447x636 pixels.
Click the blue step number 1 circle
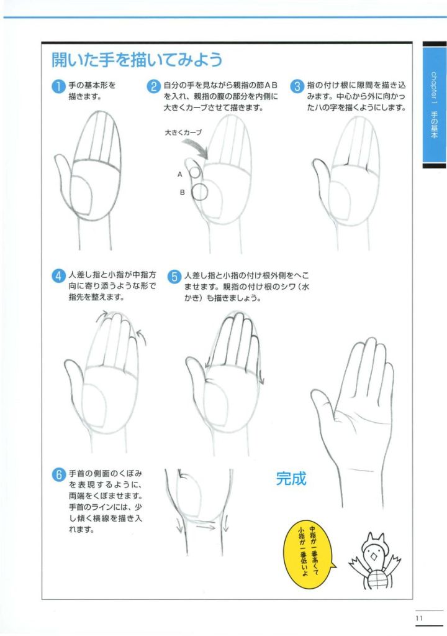(59, 86)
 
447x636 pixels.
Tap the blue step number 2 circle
(153, 86)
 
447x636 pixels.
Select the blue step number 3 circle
(297, 86)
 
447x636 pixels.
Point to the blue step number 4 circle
(59, 276)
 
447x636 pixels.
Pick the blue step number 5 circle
(174, 277)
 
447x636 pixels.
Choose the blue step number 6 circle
(59, 474)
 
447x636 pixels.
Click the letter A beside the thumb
(180, 175)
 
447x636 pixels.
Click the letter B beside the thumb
(182, 192)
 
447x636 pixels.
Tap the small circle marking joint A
(195, 172)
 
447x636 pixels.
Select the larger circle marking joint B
(200, 192)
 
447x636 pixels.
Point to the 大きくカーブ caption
(183, 132)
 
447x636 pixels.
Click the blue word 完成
(291, 479)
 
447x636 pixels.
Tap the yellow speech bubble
(310, 550)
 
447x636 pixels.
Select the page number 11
(419, 618)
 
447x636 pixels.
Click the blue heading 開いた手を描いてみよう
(137, 60)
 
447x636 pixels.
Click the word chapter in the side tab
(433, 85)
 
